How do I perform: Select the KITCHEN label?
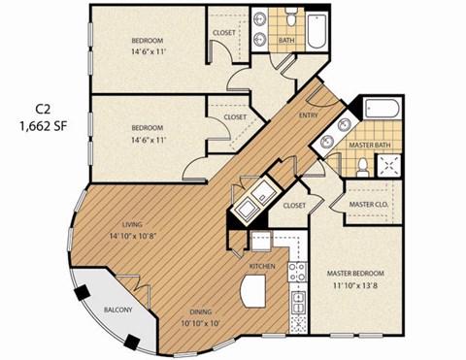262,266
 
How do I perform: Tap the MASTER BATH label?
369,147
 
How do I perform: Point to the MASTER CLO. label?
369,205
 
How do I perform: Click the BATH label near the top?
286,41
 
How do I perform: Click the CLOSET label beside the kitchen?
295,206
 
